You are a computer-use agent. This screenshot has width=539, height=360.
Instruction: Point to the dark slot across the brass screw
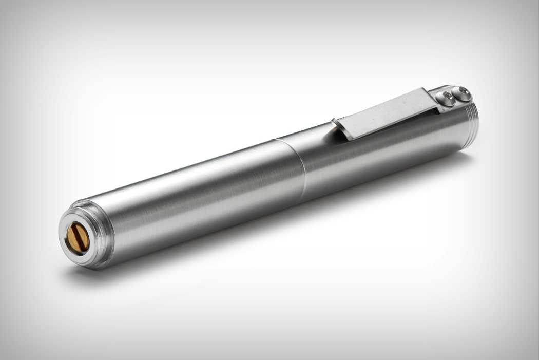[x=78, y=237]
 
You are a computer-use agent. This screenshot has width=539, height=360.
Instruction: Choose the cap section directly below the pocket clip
[x=390, y=149]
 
